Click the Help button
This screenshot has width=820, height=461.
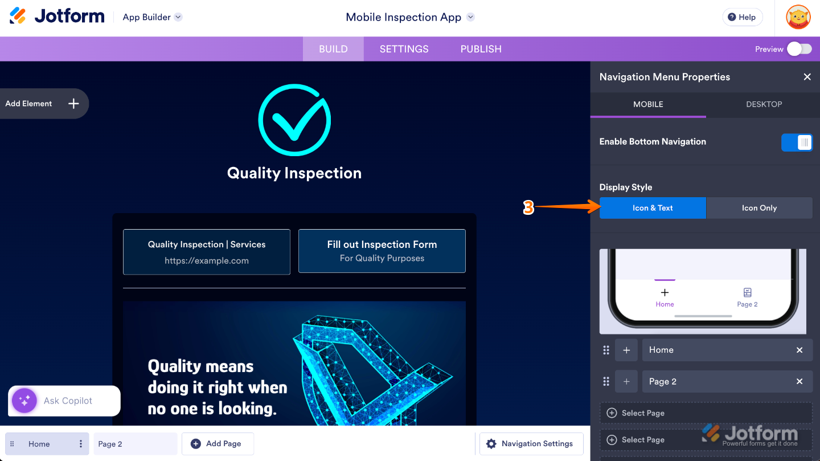(742, 17)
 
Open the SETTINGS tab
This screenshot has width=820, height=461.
(404, 49)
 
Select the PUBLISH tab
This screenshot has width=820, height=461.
(481, 49)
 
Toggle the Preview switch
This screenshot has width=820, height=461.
(799, 49)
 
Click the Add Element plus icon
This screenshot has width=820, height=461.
(73, 104)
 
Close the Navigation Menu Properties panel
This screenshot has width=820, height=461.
(807, 77)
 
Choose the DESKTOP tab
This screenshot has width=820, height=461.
(764, 104)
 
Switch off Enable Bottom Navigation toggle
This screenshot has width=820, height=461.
(797, 142)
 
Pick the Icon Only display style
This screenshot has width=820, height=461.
(759, 208)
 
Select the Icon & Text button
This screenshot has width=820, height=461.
(653, 208)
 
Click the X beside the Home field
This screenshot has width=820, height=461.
(799, 350)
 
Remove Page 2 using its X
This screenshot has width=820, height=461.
(799, 382)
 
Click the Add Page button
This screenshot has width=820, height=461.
(218, 444)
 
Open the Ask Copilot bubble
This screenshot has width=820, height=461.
(64, 401)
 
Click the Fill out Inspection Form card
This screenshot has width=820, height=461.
(382, 251)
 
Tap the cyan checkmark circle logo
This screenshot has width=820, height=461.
(294, 120)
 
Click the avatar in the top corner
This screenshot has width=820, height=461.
(798, 17)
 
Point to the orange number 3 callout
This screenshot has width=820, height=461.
(528, 208)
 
